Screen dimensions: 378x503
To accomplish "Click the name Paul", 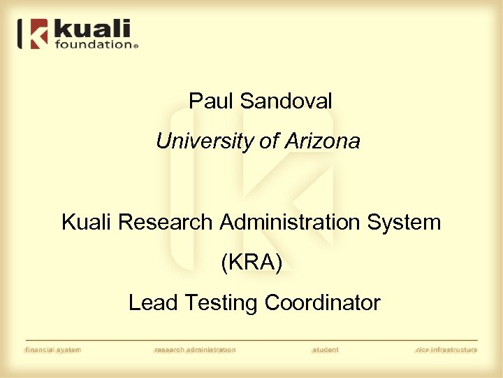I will coord(212,101).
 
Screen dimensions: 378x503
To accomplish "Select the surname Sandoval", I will coord(286,101).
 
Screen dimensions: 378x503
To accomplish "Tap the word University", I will coord(205,142).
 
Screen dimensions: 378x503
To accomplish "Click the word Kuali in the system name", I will coord(87,223).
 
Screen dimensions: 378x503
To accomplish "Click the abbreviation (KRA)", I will coord(251,263).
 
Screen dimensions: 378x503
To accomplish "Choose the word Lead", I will coord(153,303).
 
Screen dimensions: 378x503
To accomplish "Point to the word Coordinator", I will coord(323,303).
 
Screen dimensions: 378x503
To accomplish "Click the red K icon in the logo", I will coord(36,34).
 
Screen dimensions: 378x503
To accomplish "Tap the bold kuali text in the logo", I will coord(92,29).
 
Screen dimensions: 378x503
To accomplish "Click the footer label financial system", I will coord(53,350).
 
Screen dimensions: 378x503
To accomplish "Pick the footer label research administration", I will coord(195,350).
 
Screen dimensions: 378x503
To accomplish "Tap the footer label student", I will coord(325,350).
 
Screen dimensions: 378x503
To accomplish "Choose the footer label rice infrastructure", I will coord(446,350).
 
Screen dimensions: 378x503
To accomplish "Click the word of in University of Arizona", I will coord(269,142).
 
